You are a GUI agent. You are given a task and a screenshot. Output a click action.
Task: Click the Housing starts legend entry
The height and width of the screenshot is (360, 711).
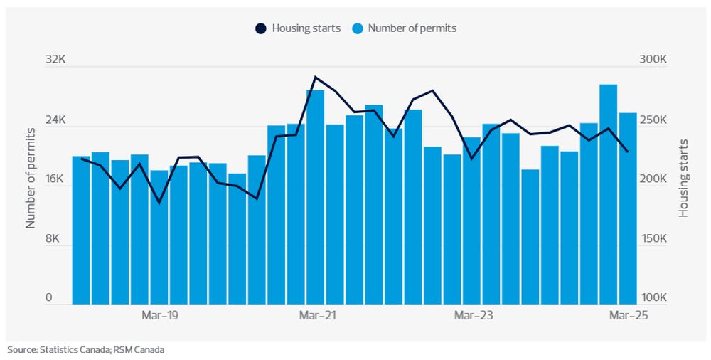[x=298, y=28]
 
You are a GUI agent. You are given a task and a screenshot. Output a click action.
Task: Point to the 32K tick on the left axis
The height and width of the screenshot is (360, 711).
[x=55, y=60]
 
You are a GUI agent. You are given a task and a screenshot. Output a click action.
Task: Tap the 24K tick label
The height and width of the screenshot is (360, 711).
[x=55, y=120]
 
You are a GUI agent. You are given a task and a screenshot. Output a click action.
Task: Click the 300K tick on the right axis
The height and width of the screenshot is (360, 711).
[x=652, y=60]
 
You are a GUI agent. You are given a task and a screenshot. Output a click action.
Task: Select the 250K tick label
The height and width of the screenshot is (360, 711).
[x=652, y=120]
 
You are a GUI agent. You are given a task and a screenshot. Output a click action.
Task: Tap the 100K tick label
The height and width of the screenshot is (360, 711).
[x=652, y=298]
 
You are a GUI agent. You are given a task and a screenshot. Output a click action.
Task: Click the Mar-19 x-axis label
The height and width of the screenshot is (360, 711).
[x=159, y=314]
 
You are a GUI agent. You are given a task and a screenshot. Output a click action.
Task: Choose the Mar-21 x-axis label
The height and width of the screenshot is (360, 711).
[x=316, y=314]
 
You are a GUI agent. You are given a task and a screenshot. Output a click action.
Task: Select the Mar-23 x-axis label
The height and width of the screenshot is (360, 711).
[x=472, y=314]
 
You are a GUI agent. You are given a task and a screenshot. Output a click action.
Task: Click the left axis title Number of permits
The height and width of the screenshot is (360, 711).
[x=31, y=178]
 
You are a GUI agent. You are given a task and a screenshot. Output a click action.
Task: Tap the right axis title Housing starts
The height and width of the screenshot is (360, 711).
[x=684, y=178]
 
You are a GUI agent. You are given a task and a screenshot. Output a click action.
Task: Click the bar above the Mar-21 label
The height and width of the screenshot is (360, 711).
[x=315, y=196]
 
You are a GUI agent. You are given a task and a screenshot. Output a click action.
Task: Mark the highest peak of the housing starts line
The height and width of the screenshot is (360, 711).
[x=315, y=77]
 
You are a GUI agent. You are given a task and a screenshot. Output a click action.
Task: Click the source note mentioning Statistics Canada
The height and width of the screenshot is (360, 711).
[x=86, y=349]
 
